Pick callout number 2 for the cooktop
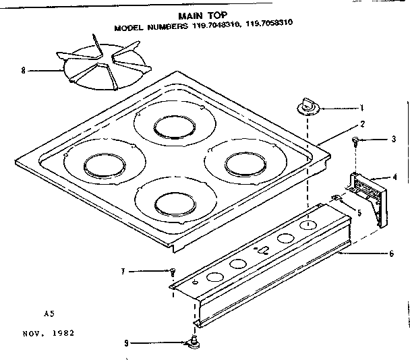click(362, 123)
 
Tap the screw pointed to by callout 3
click(355, 142)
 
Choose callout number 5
click(359, 212)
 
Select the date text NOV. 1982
click(47, 333)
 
